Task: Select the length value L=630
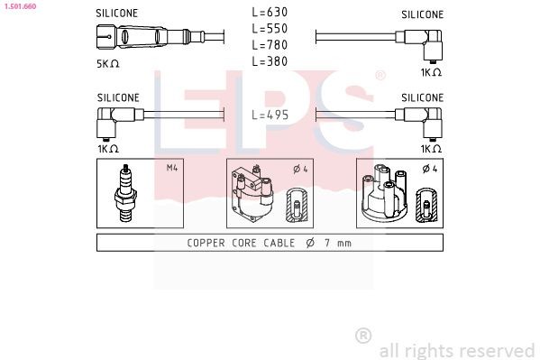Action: coord(270,13)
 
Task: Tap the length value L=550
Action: coord(270,29)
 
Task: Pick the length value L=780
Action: coord(270,45)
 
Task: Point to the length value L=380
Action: coord(270,61)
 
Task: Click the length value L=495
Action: coord(270,115)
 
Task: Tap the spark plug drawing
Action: coord(126,193)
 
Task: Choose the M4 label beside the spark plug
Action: coord(171,167)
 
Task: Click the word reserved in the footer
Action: coord(499,350)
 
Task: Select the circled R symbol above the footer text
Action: coord(364,336)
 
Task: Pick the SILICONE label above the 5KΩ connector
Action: coord(117,14)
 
